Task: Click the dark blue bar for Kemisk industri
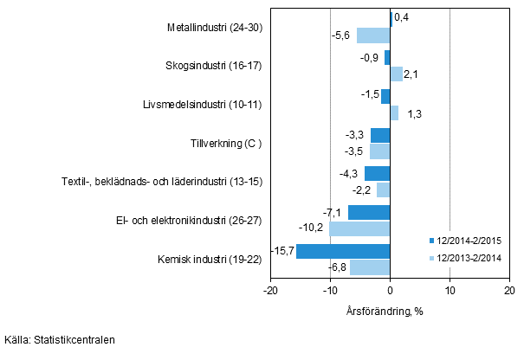[x=343, y=251]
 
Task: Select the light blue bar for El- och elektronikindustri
[x=359, y=228]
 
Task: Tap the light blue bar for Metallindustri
[x=373, y=35]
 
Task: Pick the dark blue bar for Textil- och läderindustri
[x=377, y=174]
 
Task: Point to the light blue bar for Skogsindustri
[x=396, y=74]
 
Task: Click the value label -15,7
[x=282, y=251]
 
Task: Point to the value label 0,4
[x=402, y=16]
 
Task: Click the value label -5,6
[x=343, y=35]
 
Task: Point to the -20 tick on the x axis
[x=270, y=291]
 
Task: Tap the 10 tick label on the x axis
[x=450, y=291]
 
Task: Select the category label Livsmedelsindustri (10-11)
[x=205, y=105]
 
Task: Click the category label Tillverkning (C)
[x=226, y=143]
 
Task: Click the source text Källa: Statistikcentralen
[x=59, y=340]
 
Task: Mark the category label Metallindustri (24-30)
[x=214, y=27]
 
